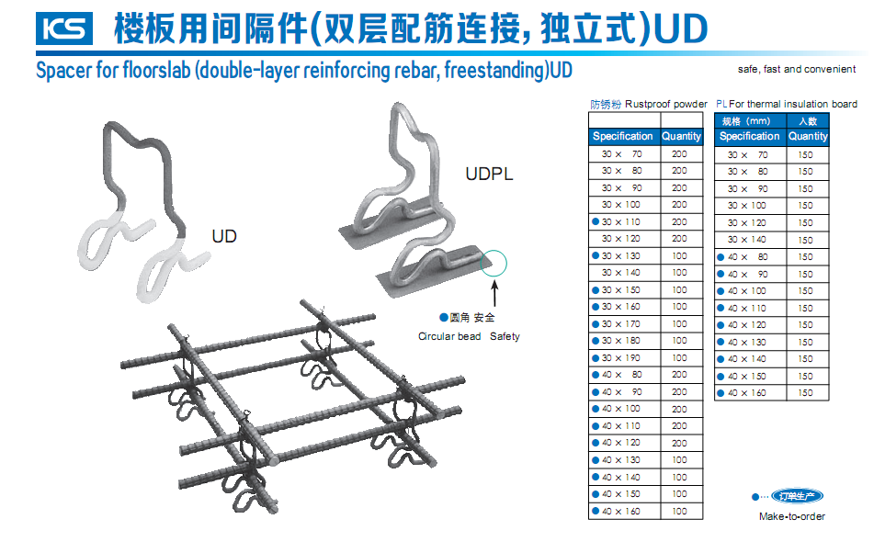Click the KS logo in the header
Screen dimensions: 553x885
pos(65,28)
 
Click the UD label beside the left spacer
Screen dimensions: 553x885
pos(224,236)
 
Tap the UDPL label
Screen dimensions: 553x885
pos(489,174)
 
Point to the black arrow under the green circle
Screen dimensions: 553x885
pos(495,294)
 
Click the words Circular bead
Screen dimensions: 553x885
pos(449,336)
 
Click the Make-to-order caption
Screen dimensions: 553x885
pos(792,516)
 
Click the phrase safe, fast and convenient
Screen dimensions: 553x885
pos(796,69)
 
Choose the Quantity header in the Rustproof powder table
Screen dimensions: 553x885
pos(681,136)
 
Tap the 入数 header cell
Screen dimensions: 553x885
pos(807,121)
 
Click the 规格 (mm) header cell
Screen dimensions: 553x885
pos(746,121)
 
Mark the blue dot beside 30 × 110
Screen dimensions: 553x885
pos(596,221)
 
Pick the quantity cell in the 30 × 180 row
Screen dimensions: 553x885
pos(679,341)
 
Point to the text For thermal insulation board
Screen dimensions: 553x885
pos(794,104)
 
